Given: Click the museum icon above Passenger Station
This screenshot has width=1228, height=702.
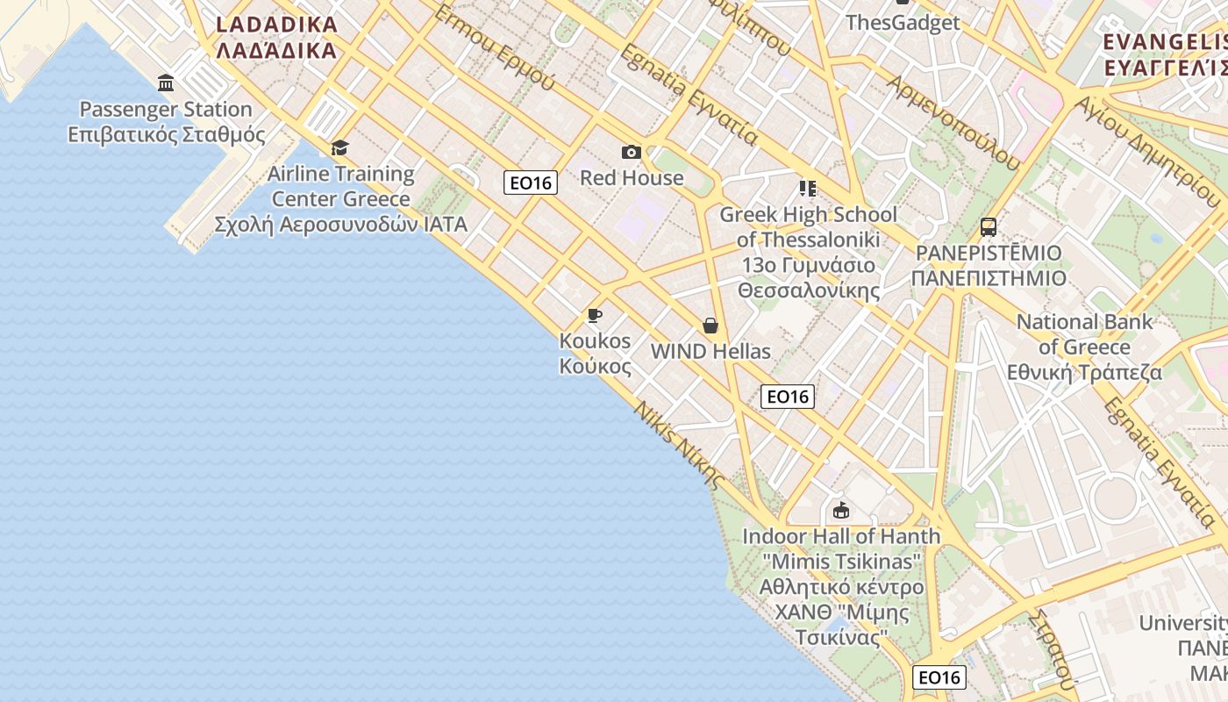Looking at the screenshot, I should [x=166, y=83].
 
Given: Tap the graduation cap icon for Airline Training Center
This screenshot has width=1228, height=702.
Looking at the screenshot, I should [x=339, y=147].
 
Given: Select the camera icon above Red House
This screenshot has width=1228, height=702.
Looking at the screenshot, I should [x=631, y=153].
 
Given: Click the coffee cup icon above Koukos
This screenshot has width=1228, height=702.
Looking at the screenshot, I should [x=595, y=316].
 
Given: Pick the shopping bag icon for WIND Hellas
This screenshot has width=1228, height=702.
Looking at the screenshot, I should [x=710, y=326].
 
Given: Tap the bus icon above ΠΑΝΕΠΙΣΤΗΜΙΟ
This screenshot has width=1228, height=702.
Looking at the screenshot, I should [x=989, y=227].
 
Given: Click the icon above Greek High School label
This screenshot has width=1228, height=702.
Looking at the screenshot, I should [x=808, y=189].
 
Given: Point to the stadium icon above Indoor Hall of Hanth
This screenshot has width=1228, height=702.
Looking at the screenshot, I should [x=840, y=510].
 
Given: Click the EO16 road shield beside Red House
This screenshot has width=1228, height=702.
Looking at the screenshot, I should [x=531, y=183].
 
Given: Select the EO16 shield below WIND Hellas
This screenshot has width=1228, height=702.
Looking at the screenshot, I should [x=788, y=397].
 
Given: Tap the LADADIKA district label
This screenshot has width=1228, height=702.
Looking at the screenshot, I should [x=276, y=37].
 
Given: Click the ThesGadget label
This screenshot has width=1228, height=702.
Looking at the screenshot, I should [x=903, y=23].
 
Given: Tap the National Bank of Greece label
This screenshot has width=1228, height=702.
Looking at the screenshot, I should [x=1084, y=347].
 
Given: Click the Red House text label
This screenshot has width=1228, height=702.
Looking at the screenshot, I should [x=632, y=178].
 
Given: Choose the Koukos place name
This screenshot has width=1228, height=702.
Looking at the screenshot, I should [x=595, y=353].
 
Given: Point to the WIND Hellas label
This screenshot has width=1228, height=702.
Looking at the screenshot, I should [x=710, y=352].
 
